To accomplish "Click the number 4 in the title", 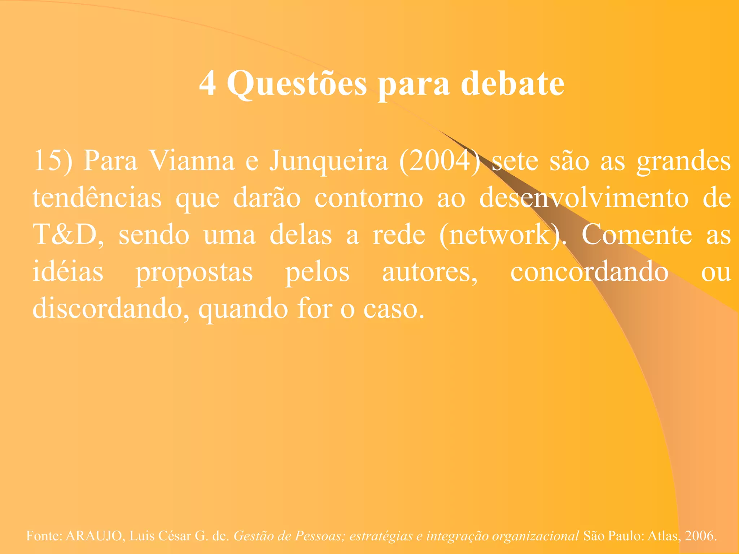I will (x=208, y=84).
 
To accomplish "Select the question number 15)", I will (x=53, y=161).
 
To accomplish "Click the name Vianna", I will (x=192, y=161).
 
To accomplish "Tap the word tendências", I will (x=97, y=198).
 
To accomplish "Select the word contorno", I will (x=368, y=198).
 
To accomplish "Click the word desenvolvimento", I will (x=583, y=198).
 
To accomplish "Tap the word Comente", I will (x=637, y=235).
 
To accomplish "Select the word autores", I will (x=429, y=272).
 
